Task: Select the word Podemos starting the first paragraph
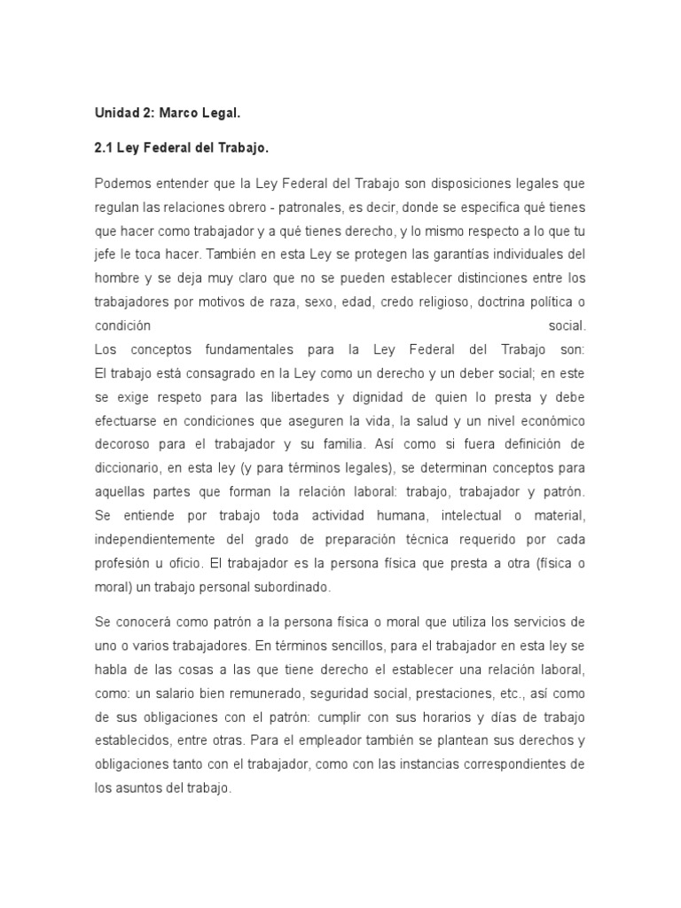121,183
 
